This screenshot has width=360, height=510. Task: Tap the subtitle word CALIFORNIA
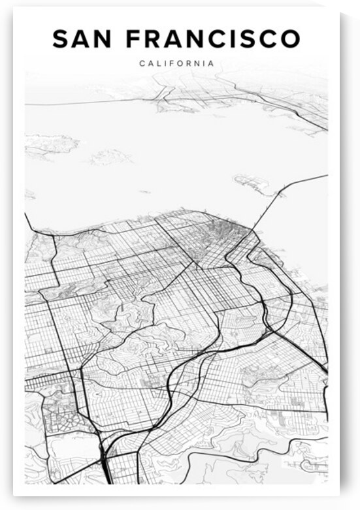(176, 64)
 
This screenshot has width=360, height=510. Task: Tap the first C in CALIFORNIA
(142, 64)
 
